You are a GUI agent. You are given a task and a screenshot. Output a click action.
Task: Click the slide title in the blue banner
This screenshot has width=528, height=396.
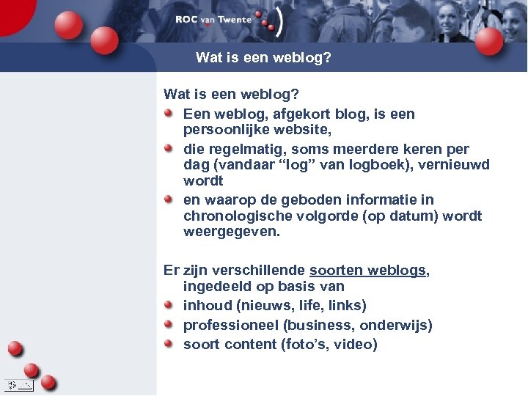(263, 56)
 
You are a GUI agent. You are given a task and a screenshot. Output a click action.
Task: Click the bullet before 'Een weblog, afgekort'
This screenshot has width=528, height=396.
(169, 114)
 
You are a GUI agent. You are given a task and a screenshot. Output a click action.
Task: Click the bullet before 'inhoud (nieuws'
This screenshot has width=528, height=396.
(169, 304)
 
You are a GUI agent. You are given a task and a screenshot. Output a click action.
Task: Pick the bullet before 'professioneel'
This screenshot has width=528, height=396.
(169, 324)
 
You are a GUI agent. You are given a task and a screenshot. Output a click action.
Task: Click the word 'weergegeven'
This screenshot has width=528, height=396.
(230, 232)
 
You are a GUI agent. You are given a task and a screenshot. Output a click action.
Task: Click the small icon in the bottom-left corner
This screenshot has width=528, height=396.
(18, 384)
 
